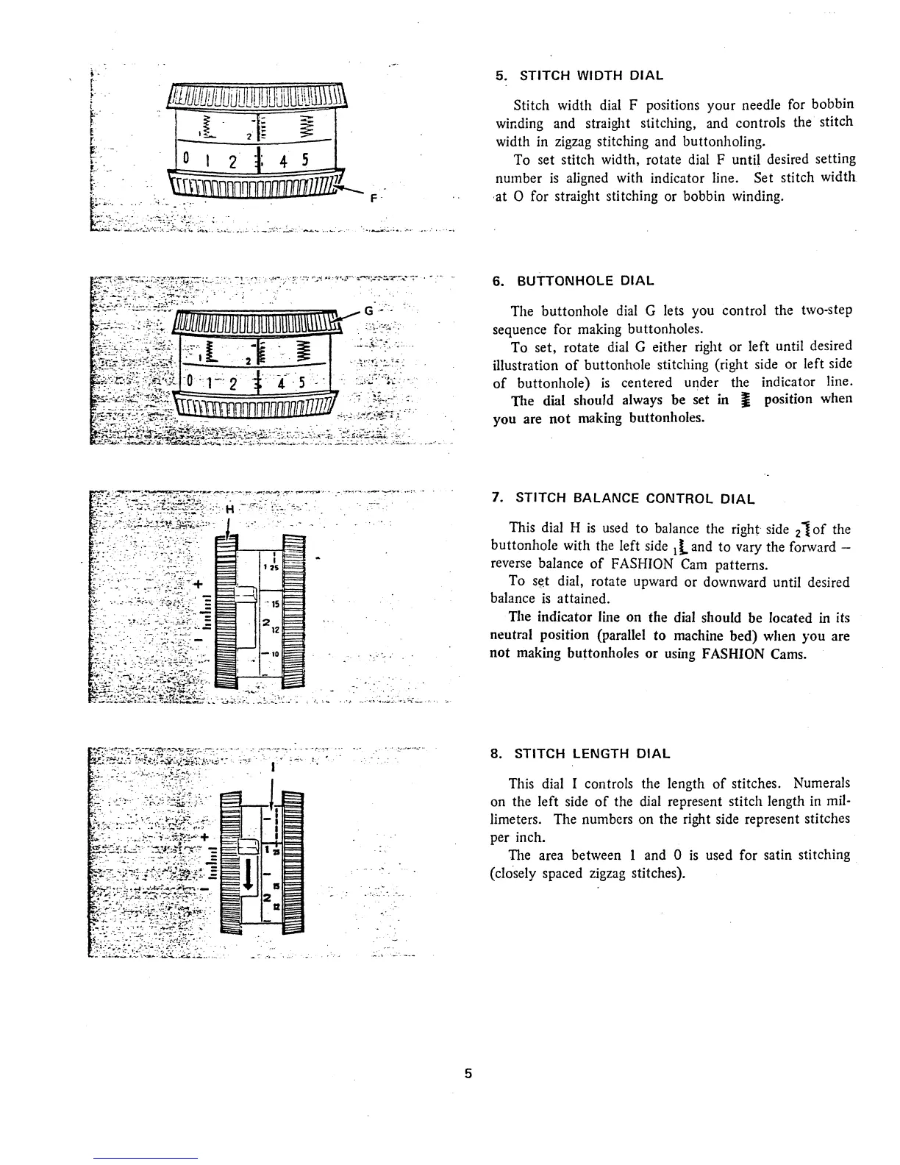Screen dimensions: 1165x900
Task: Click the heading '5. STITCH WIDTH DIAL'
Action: [579, 75]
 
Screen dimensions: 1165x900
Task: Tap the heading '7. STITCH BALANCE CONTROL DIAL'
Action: [623, 499]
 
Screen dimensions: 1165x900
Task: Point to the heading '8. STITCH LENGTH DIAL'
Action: [580, 754]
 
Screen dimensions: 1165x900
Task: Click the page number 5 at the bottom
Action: [468, 1073]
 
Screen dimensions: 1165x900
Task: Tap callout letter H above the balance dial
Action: [229, 510]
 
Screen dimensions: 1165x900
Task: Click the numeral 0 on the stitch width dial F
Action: [187, 157]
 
